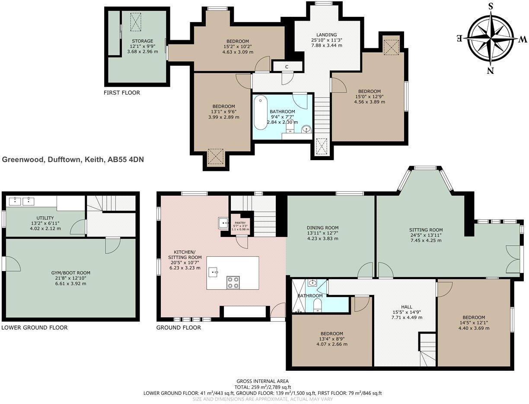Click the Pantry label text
(x=240, y=223)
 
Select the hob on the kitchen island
(x=233, y=282)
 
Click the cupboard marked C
(x=287, y=66)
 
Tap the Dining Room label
(x=322, y=227)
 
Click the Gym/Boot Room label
(x=70, y=273)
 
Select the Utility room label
(x=45, y=218)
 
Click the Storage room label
(x=143, y=41)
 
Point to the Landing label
(x=327, y=35)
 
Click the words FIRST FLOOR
(x=122, y=93)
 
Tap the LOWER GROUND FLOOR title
(x=35, y=328)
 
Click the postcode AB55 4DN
(x=126, y=160)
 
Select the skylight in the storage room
(x=136, y=22)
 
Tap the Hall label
(x=407, y=307)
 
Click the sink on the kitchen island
(x=213, y=272)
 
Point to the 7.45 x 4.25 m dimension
(x=426, y=240)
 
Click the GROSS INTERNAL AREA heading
(x=262, y=381)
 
